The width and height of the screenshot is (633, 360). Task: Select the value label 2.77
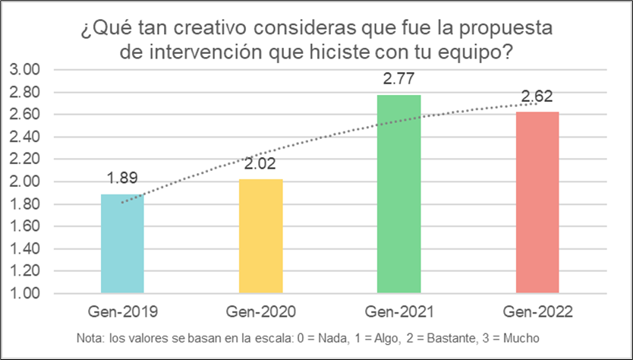pyautogui.click(x=398, y=79)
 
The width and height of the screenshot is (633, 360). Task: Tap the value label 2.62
pyautogui.click(x=537, y=96)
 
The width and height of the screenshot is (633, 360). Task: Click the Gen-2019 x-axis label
pyautogui.click(x=122, y=312)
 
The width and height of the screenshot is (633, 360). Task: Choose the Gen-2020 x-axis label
pyautogui.click(x=260, y=312)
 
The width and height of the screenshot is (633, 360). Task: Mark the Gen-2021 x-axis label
pyautogui.click(x=398, y=312)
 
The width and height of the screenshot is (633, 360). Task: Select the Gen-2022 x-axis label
pyautogui.click(x=537, y=312)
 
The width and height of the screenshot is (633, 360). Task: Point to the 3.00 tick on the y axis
pyautogui.click(x=28, y=70)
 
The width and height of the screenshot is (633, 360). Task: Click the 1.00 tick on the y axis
pyautogui.click(x=28, y=294)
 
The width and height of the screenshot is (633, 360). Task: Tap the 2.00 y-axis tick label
pyautogui.click(x=28, y=182)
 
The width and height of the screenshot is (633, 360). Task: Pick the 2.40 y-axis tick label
pyautogui.click(x=28, y=137)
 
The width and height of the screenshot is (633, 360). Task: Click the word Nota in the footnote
pyautogui.click(x=91, y=339)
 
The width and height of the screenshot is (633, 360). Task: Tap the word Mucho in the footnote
pyautogui.click(x=521, y=339)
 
